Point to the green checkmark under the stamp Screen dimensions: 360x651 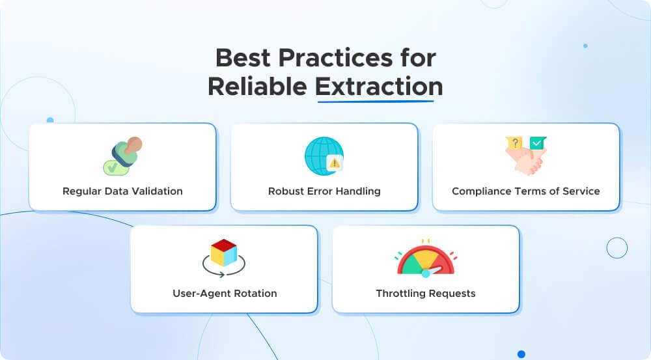point(112,168)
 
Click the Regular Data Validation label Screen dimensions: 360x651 point(122,191)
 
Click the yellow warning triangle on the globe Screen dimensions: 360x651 point(335,163)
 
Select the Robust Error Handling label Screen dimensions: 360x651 point(324,191)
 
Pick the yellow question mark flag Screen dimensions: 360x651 point(514,143)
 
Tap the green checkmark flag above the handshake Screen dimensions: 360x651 point(538,142)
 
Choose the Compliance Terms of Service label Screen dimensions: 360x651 point(526,191)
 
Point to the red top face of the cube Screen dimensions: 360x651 point(224,244)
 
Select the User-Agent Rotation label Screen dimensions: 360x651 point(225,294)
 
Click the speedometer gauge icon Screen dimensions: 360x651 point(426,259)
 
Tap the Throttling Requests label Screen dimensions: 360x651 point(426,294)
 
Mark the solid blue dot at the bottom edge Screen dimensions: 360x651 point(521,354)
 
